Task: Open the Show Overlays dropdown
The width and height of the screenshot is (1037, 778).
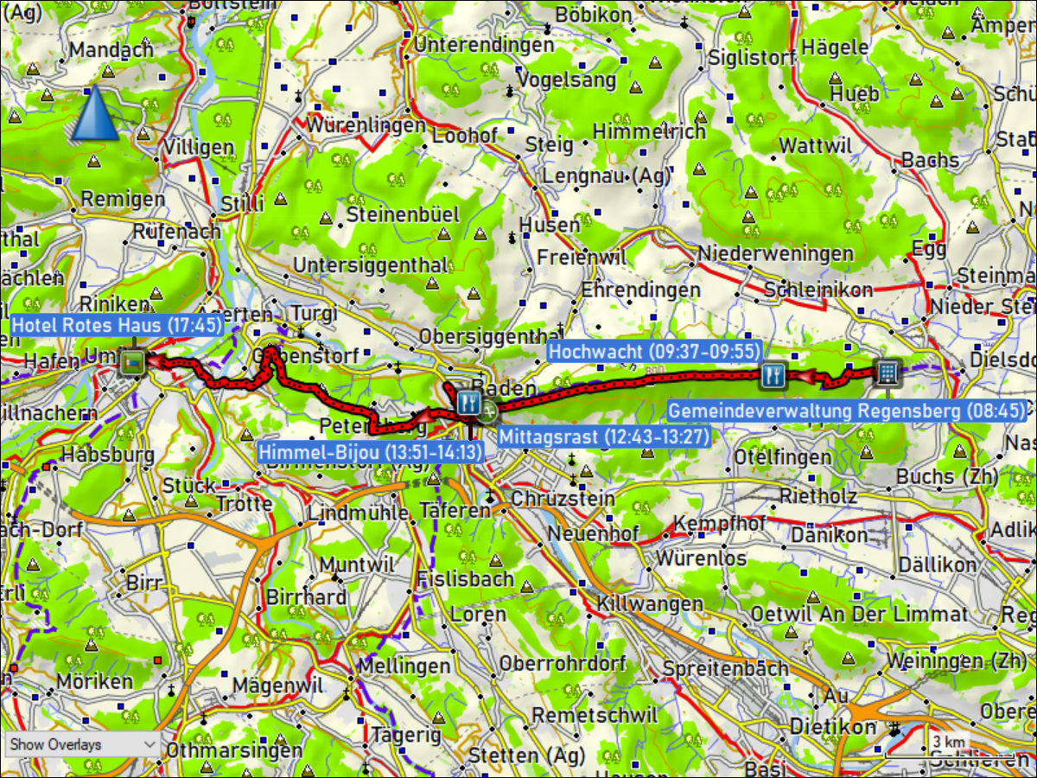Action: pyautogui.click(x=81, y=744)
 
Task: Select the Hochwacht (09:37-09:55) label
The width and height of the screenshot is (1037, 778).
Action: pyautogui.click(x=654, y=352)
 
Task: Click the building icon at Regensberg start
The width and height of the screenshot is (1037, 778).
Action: pyautogui.click(x=887, y=373)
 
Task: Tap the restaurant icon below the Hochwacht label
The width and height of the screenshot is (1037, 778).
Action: pyautogui.click(x=773, y=374)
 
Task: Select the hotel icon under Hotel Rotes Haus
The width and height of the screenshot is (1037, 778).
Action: pyautogui.click(x=131, y=362)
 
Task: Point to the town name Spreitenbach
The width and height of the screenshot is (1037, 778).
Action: pyautogui.click(x=725, y=668)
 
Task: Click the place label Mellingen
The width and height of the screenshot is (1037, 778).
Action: pyautogui.click(x=404, y=666)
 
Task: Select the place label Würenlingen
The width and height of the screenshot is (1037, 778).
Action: pyautogui.click(x=366, y=125)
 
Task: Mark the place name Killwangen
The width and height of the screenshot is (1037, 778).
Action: pyautogui.click(x=649, y=603)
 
